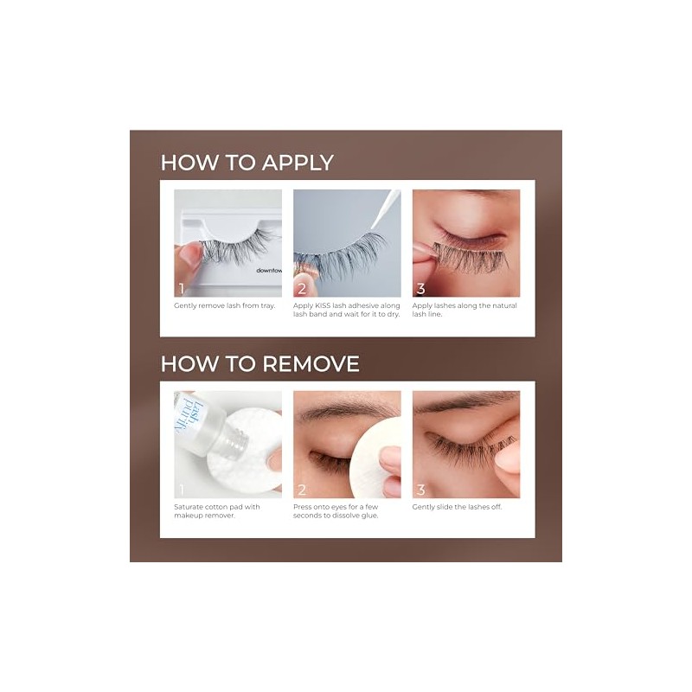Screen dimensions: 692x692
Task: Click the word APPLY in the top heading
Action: click(x=298, y=163)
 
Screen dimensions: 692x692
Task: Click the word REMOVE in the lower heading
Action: click(x=311, y=364)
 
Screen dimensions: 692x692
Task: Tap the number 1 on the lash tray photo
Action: click(x=181, y=289)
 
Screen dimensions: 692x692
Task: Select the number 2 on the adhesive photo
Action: click(x=302, y=289)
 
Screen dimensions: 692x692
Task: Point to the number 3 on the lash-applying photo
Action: click(x=421, y=289)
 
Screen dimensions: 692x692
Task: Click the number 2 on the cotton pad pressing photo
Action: click(x=302, y=490)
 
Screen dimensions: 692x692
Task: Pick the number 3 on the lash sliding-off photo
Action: click(x=421, y=490)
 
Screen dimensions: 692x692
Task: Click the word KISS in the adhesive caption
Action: click(x=322, y=305)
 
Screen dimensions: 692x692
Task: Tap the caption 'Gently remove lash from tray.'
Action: click(x=225, y=306)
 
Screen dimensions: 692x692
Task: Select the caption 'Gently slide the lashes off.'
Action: click(x=458, y=507)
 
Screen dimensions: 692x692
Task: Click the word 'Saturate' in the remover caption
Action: click(x=189, y=507)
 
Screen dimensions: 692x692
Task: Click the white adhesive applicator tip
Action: click(x=385, y=208)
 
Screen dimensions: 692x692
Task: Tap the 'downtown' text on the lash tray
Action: click(x=269, y=270)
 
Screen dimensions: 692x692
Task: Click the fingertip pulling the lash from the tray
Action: click(x=189, y=257)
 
